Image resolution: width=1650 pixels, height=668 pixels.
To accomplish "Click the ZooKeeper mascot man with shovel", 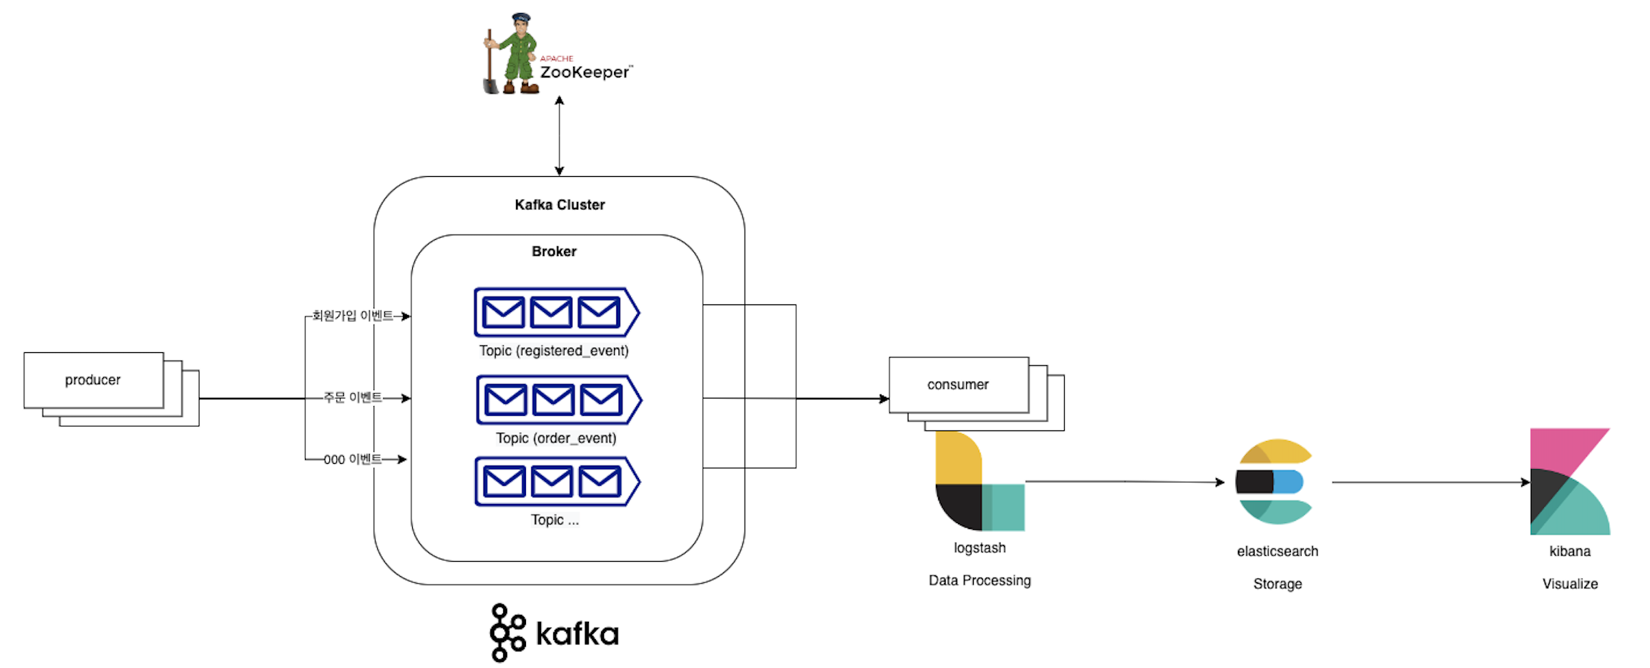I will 510,55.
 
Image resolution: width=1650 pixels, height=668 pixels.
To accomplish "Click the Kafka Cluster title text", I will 559,205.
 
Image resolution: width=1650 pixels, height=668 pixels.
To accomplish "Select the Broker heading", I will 554,251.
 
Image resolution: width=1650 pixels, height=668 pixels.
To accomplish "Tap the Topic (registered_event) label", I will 554,351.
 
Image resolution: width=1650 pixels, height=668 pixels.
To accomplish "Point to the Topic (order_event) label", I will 556,438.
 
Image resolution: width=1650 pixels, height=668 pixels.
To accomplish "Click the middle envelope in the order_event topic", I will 553,399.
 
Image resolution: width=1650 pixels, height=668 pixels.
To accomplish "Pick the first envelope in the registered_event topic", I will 503,312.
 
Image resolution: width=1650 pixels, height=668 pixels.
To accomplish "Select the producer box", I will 93,380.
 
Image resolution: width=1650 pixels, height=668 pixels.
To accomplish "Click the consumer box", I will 958,385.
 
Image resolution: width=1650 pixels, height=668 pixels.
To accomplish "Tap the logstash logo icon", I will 979,481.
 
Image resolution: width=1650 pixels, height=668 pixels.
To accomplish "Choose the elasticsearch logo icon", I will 1274,481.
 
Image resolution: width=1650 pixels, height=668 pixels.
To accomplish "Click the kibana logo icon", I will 1569,481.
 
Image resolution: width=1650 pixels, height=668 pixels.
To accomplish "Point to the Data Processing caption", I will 979,581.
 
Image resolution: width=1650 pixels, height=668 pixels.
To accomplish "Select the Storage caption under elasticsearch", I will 1277,584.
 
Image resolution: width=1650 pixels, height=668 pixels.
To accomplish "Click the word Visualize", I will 1570,584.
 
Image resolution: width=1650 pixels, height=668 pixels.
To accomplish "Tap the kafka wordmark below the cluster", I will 577,634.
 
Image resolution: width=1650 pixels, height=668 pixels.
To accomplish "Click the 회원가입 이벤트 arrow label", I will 353,316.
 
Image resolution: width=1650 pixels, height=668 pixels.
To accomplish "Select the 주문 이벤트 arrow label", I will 353,398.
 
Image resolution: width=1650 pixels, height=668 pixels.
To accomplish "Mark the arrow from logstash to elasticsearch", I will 1123,481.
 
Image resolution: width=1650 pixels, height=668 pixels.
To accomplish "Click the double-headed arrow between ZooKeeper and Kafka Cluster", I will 559,137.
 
